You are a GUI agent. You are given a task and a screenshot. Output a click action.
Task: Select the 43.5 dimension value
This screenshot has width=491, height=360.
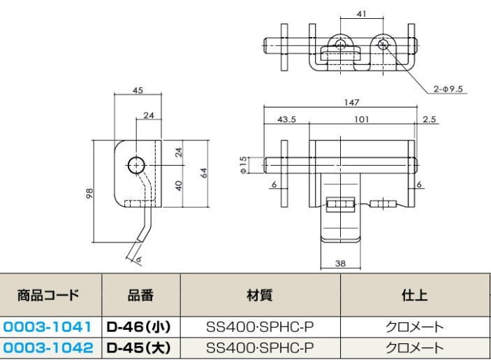287,120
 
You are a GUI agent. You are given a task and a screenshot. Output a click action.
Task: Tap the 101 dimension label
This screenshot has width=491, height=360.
361,120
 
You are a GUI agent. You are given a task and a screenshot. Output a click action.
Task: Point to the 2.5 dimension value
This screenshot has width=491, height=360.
429,120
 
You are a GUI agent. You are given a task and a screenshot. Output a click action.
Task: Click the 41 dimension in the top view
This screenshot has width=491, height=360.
362,13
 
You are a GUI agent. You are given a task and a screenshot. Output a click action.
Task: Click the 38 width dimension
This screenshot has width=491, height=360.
341,264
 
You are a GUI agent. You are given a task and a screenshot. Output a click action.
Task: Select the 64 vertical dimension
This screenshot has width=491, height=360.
203,173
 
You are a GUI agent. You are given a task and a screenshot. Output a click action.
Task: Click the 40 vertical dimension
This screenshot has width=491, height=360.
179,185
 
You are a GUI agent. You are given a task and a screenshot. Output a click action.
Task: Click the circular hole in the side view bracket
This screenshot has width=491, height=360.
135,165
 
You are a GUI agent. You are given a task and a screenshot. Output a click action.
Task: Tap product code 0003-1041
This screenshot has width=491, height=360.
47,326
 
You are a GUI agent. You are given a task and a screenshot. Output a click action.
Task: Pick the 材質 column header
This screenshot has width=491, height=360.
260,296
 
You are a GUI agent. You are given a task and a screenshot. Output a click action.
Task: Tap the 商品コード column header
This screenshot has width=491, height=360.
48,296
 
